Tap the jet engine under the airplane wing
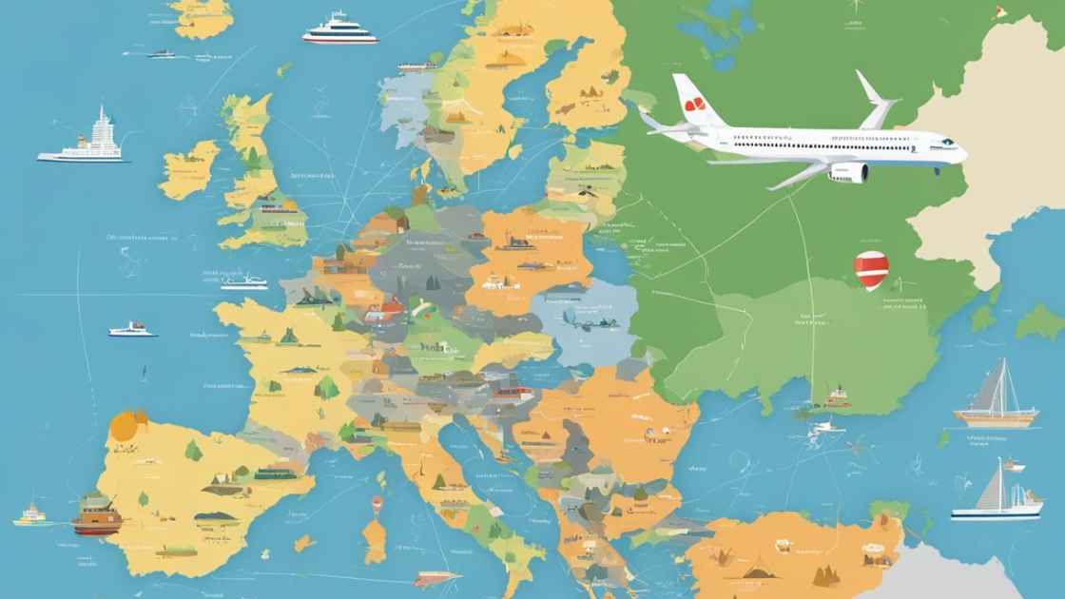[x=848, y=172]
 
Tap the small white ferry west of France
[x=132, y=329]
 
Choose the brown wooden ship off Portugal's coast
[x=96, y=514]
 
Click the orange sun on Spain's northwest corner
[x=125, y=425]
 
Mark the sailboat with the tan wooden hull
[x=996, y=399]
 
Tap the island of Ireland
[x=189, y=168]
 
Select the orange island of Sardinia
[x=376, y=540]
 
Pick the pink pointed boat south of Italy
[x=436, y=578]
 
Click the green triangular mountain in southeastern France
[x=326, y=385]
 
